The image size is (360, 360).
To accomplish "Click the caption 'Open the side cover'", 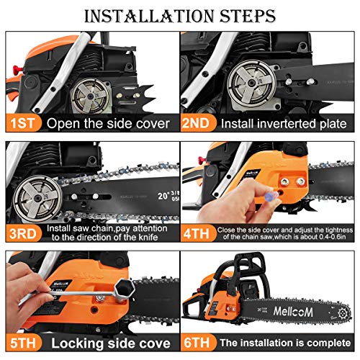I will pyautogui.click(x=108, y=123).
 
